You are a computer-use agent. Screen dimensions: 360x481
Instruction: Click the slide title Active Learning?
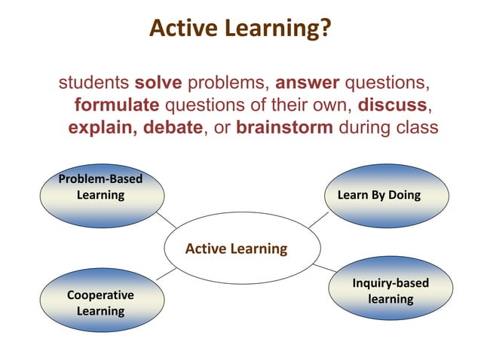pyautogui.click(x=240, y=29)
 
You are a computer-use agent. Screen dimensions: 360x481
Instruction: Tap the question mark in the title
pyautogui.click(x=324, y=29)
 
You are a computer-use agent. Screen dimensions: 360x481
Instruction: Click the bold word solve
pyautogui.click(x=158, y=81)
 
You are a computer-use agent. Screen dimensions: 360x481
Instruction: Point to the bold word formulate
pyautogui.click(x=117, y=103)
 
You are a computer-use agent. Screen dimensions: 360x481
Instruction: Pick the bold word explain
pyautogui.click(x=101, y=126)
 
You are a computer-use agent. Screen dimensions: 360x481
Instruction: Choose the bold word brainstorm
pyautogui.click(x=284, y=126)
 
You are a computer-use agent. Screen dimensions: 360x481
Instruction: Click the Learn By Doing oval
pyautogui.click(x=379, y=196)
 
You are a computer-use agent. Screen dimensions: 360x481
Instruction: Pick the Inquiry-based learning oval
pyautogui.click(x=390, y=291)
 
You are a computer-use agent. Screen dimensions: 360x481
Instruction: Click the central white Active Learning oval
pyautogui.click(x=237, y=249)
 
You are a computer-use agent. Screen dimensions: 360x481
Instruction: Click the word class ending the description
pyautogui.click(x=415, y=126)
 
